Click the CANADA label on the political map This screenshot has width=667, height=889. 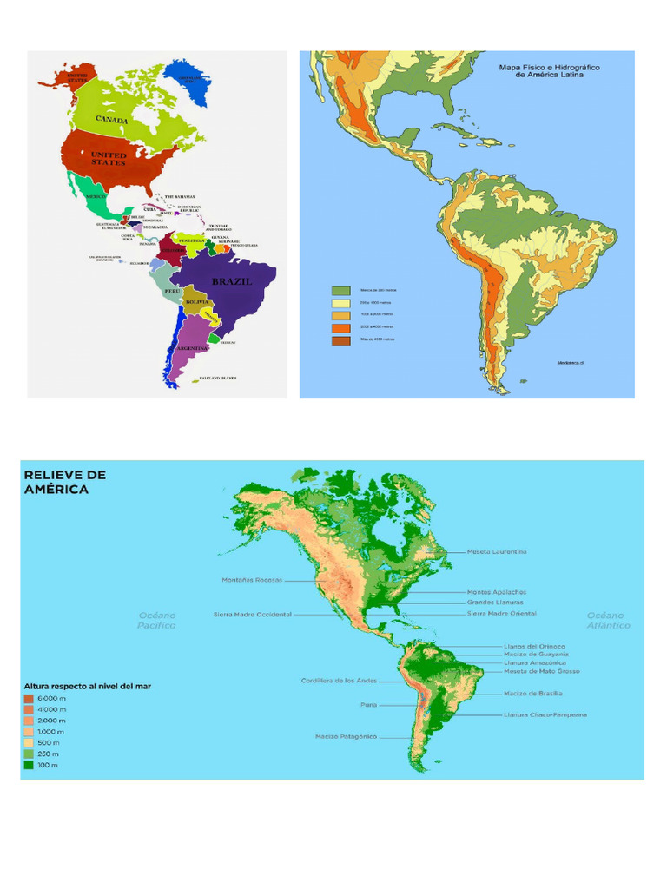[x=113, y=119]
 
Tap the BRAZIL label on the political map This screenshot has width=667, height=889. [x=232, y=282]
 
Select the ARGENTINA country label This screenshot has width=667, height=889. [x=192, y=347]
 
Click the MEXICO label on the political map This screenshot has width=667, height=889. [x=96, y=197]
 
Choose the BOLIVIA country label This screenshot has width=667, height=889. [x=197, y=300]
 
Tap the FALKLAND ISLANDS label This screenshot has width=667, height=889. [x=218, y=378]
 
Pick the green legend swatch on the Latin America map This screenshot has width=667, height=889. [x=340, y=290]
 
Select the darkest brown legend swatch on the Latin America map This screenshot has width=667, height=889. [x=340, y=339]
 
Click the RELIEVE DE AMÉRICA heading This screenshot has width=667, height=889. [x=65, y=482]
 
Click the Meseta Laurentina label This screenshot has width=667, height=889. [x=497, y=551]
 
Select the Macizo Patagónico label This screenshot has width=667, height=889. [x=346, y=736]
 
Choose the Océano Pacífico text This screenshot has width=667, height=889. [x=157, y=620]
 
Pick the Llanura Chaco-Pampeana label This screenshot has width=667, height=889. [x=545, y=714]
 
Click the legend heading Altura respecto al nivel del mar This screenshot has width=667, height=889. [x=88, y=686]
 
